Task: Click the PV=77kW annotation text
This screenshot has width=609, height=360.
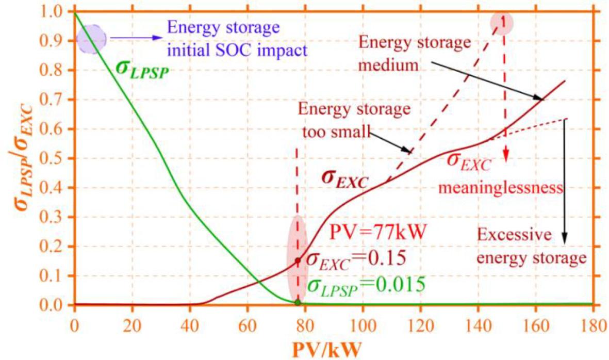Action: (x=377, y=235)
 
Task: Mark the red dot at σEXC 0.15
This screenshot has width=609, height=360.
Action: (x=298, y=261)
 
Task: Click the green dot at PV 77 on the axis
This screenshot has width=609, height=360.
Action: (x=298, y=302)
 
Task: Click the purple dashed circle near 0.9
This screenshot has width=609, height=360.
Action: (x=91, y=39)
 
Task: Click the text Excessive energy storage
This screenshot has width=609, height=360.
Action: (x=531, y=247)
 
